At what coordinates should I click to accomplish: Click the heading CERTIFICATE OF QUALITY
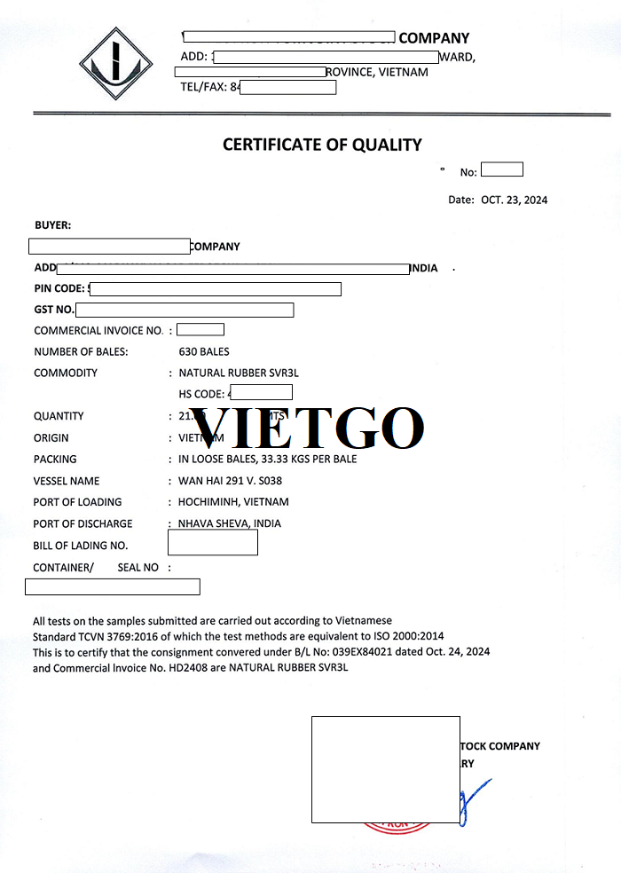click(322, 145)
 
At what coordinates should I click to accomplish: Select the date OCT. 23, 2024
click(515, 201)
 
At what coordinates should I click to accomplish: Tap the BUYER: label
click(52, 226)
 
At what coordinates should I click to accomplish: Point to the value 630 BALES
click(204, 352)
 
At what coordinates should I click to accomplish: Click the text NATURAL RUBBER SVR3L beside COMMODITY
click(239, 374)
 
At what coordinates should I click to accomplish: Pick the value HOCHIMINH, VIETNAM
click(233, 502)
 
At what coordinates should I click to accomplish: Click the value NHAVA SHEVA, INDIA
click(230, 523)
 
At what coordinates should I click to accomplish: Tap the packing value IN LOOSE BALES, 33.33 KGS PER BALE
click(268, 460)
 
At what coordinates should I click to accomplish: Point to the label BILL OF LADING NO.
click(81, 546)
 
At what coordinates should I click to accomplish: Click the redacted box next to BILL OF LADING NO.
click(212, 541)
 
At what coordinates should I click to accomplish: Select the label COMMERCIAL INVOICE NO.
click(98, 331)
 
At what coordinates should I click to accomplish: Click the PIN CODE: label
click(59, 288)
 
